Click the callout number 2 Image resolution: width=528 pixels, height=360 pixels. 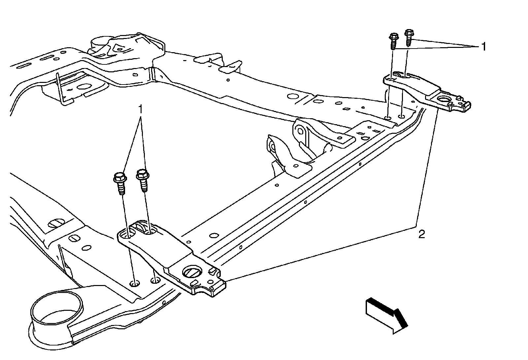click(x=421, y=234)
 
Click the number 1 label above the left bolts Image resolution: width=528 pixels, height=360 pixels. click(x=141, y=109)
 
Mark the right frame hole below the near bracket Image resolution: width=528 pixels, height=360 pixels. click(x=155, y=281)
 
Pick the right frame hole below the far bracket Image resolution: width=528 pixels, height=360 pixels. click(x=401, y=116)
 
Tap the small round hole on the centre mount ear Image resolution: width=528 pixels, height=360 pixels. click(x=300, y=131)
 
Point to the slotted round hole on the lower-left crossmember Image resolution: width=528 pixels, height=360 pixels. click(x=55, y=224)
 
